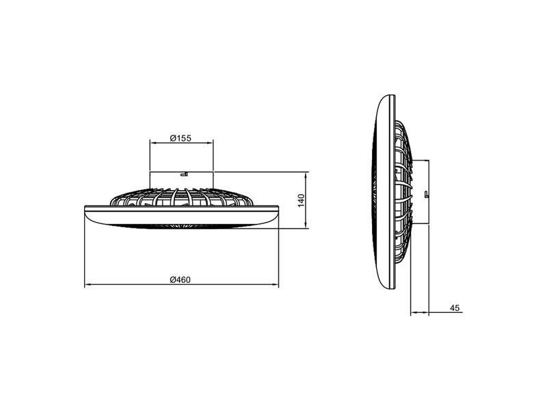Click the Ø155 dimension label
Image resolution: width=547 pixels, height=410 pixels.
click(x=181, y=138)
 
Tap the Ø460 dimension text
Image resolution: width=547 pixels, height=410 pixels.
click(x=181, y=279)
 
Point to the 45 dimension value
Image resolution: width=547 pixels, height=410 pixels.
click(x=455, y=307)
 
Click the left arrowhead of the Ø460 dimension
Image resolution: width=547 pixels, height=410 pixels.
click(x=86, y=285)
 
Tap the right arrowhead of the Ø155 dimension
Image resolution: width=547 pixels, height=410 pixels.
click(x=211, y=143)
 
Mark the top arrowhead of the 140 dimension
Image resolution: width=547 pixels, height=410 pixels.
click(x=305, y=174)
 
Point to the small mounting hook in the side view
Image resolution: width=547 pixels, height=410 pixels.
click(x=426, y=195)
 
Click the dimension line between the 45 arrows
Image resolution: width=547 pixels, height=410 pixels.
click(x=419, y=313)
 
